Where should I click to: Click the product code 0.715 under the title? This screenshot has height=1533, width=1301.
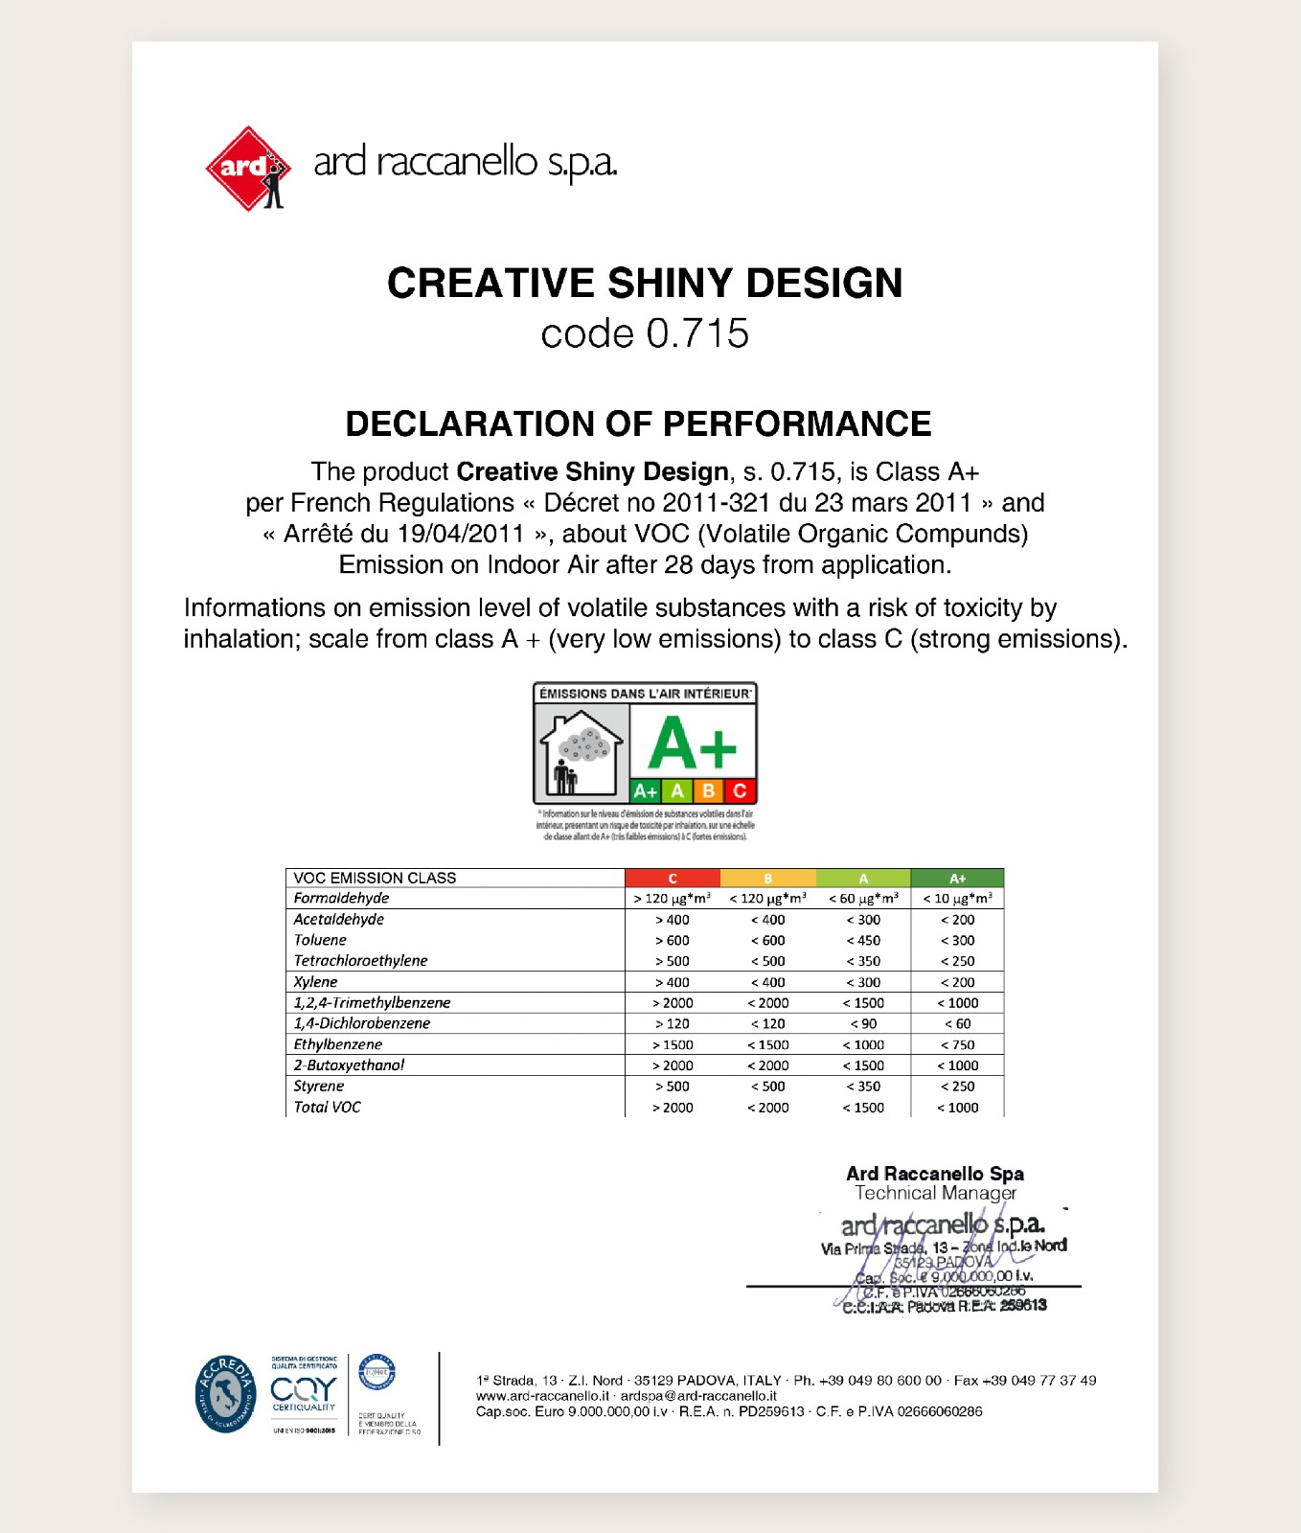pyautogui.click(x=644, y=333)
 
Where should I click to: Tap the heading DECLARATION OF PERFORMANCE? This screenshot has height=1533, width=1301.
pyautogui.click(x=638, y=423)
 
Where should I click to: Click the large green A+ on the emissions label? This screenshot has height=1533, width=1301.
pyautogui.click(x=692, y=744)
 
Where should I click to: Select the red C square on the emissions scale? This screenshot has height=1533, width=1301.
pyautogui.click(x=740, y=790)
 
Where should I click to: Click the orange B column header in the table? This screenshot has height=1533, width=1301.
pyautogui.click(x=767, y=878)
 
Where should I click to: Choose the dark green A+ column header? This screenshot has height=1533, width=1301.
pyautogui.click(x=957, y=878)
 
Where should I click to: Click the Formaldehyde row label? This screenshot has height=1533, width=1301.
pyautogui.click(x=341, y=898)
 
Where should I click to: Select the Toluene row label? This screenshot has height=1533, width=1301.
pyautogui.click(x=320, y=940)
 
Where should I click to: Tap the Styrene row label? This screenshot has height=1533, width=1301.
pyautogui.click(x=319, y=1086)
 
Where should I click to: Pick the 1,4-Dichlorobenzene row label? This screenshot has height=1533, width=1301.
pyautogui.click(x=362, y=1023)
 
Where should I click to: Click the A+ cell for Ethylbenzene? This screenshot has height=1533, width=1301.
pyautogui.click(x=957, y=1044)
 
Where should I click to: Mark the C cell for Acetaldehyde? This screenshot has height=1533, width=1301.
pyautogui.click(x=673, y=919)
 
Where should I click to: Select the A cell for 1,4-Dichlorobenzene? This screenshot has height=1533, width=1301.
pyautogui.click(x=863, y=1023)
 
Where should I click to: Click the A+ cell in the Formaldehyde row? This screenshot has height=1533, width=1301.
pyautogui.click(x=957, y=898)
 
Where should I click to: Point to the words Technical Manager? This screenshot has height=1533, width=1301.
pyautogui.click(x=935, y=1193)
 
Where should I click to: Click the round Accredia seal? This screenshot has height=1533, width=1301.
pyautogui.click(x=226, y=1394)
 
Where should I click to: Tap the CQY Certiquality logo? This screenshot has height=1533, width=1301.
pyautogui.click(x=304, y=1392)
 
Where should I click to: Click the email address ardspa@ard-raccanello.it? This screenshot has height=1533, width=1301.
pyautogui.click(x=698, y=1396)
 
